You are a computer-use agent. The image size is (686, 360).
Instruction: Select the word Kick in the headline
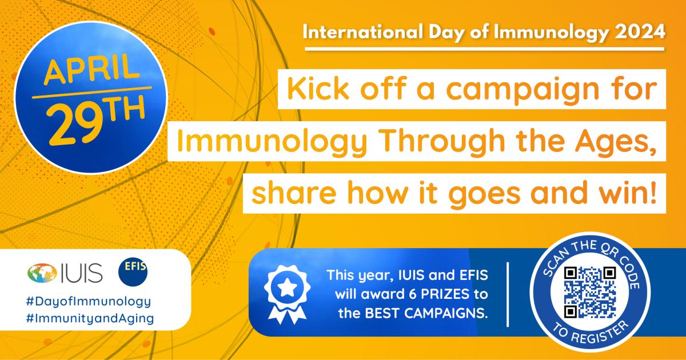point(318,89)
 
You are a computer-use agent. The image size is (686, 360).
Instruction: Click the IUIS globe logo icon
point(42,273)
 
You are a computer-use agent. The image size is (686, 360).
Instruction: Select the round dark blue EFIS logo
point(133,272)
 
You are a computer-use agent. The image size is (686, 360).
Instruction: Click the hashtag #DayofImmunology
point(89,302)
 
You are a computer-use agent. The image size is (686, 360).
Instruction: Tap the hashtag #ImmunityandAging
point(90,319)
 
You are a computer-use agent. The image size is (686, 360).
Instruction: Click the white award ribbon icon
point(287,294)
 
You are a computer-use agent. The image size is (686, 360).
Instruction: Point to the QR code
point(590,292)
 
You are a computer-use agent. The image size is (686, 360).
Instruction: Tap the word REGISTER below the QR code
point(599,335)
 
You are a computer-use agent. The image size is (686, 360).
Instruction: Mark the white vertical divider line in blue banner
point(508,294)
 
